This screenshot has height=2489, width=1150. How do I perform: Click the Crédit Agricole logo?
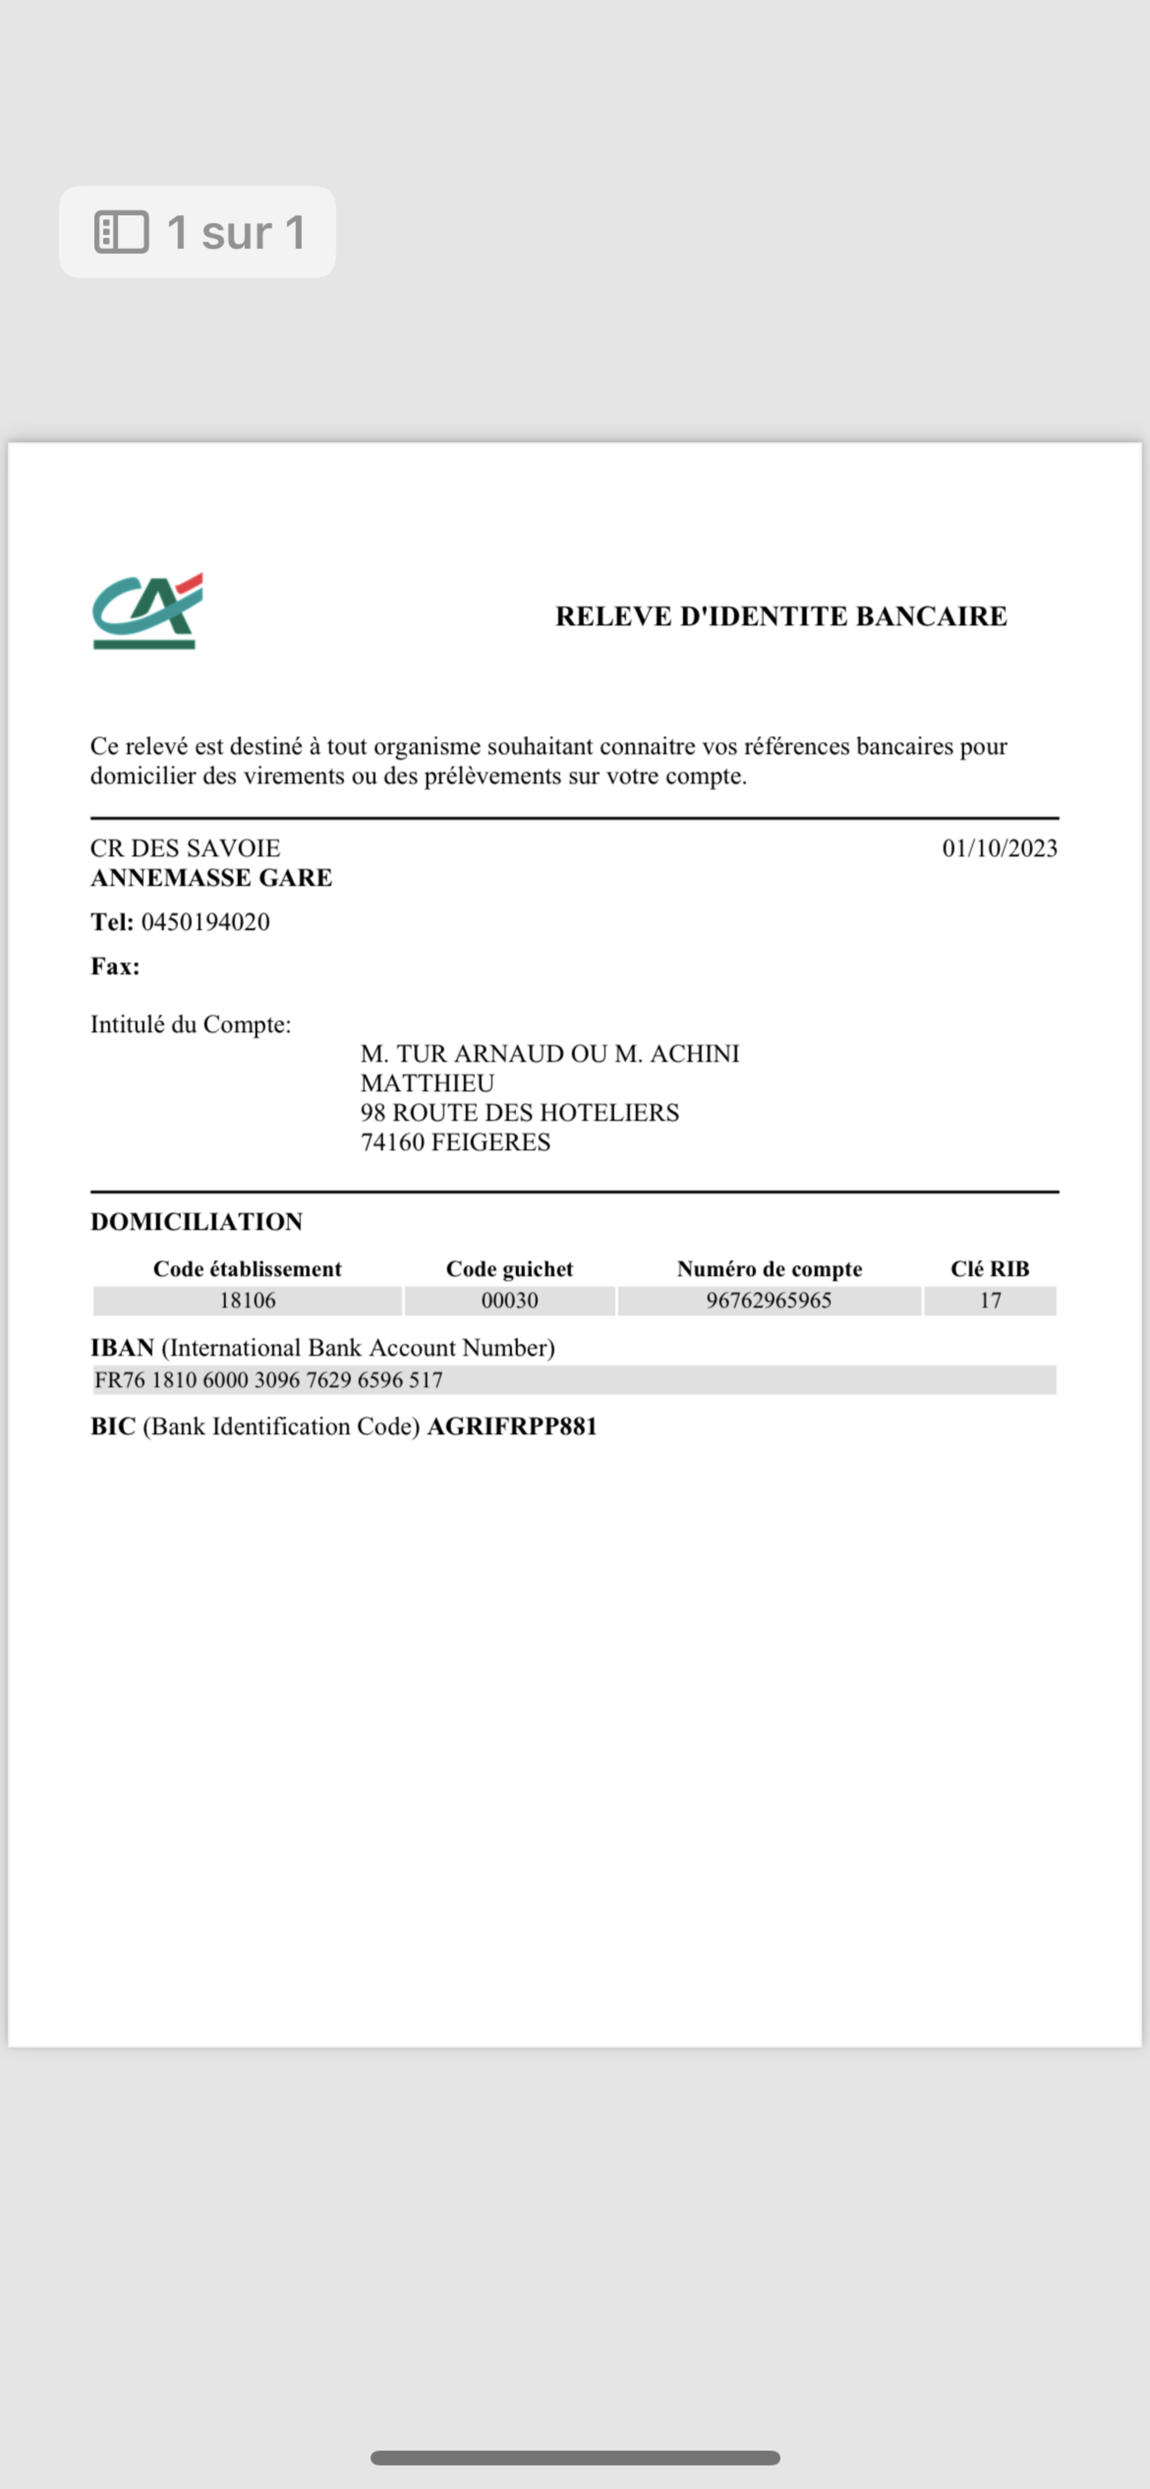(x=147, y=612)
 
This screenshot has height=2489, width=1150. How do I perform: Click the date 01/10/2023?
(x=999, y=848)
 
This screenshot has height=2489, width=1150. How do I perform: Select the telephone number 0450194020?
(x=205, y=922)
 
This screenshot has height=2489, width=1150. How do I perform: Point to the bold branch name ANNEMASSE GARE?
(x=210, y=878)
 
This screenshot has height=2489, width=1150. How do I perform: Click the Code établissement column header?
(x=247, y=1269)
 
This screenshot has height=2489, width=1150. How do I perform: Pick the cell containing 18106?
(x=247, y=1300)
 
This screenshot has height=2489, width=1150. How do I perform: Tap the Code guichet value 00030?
(x=509, y=1300)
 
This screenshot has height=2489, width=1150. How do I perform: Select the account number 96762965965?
(x=768, y=1300)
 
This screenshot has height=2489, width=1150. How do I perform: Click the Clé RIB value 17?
(x=990, y=1300)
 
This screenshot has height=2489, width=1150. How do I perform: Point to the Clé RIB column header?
(x=990, y=1269)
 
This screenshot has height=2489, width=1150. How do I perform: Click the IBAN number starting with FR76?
(x=269, y=1380)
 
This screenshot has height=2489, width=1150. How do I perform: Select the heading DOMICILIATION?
(x=196, y=1221)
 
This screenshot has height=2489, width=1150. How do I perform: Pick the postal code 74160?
(x=392, y=1142)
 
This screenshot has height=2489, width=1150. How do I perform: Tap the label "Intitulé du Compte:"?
(x=190, y=1024)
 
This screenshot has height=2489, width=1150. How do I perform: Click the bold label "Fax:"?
(x=115, y=966)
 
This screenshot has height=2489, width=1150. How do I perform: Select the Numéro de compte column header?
(x=769, y=1269)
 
